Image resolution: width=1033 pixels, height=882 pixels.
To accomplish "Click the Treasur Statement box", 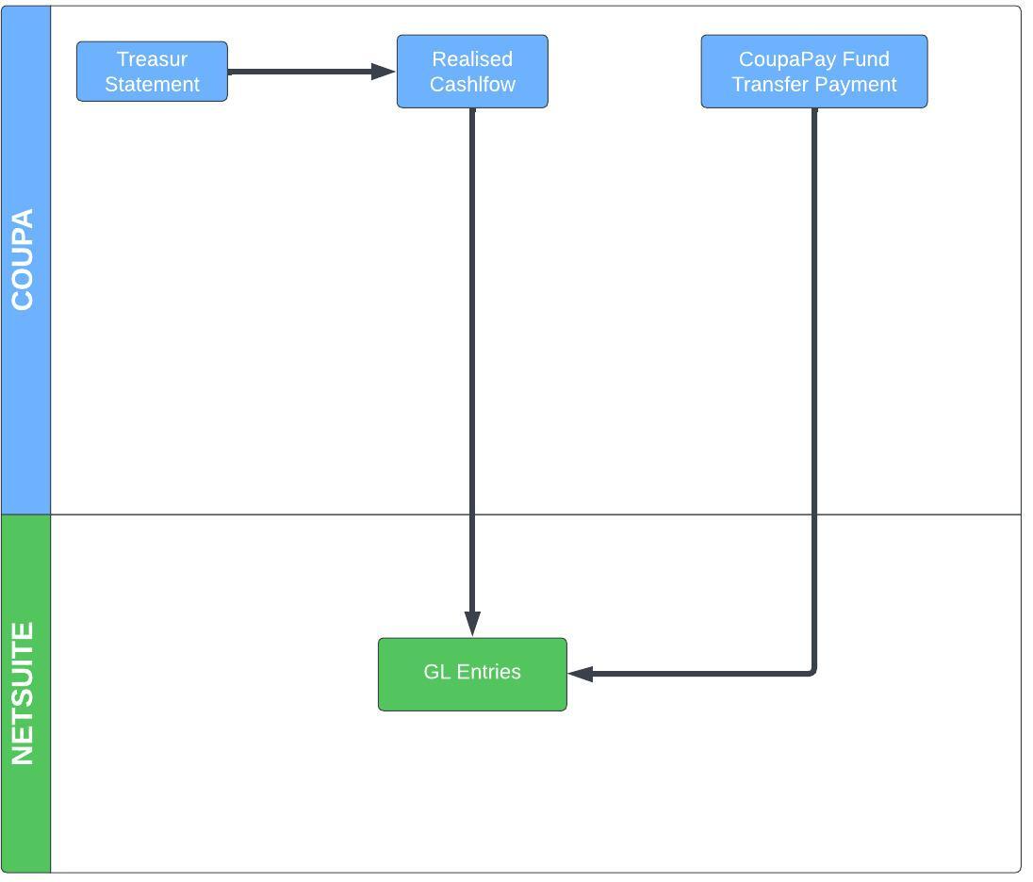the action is pyautogui.click(x=152, y=72).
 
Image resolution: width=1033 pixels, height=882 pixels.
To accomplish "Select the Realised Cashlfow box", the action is pyautogui.click(x=472, y=72).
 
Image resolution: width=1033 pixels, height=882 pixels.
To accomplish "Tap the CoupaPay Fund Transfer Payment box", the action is pyautogui.click(x=814, y=72).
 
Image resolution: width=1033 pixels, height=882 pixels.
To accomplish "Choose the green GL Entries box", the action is pyautogui.click(x=472, y=675).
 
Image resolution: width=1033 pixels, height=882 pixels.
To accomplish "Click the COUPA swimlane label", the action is pyautogui.click(x=23, y=259).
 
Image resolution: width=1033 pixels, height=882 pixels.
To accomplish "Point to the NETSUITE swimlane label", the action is pyautogui.click(x=23, y=694).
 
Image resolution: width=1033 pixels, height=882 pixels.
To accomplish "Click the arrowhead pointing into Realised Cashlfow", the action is pyautogui.click(x=384, y=71).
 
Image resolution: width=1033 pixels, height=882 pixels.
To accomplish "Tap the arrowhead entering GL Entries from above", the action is pyautogui.click(x=472, y=624).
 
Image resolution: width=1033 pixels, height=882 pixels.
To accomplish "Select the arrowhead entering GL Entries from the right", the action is pyautogui.click(x=581, y=674).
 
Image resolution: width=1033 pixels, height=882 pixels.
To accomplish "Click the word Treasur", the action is pyautogui.click(x=152, y=59).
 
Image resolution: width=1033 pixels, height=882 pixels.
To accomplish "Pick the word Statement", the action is pyautogui.click(x=152, y=84).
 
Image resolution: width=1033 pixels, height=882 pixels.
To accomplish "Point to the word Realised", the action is pyautogui.click(x=472, y=59).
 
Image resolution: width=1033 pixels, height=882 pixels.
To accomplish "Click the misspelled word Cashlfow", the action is pyautogui.click(x=472, y=84).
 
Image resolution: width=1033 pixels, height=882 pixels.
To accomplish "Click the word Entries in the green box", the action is pyautogui.click(x=489, y=672).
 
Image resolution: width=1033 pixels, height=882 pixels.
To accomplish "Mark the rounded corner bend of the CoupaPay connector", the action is pyautogui.click(x=812, y=671).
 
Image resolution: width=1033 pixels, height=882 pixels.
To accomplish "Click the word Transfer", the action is pyautogui.click(x=770, y=84).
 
